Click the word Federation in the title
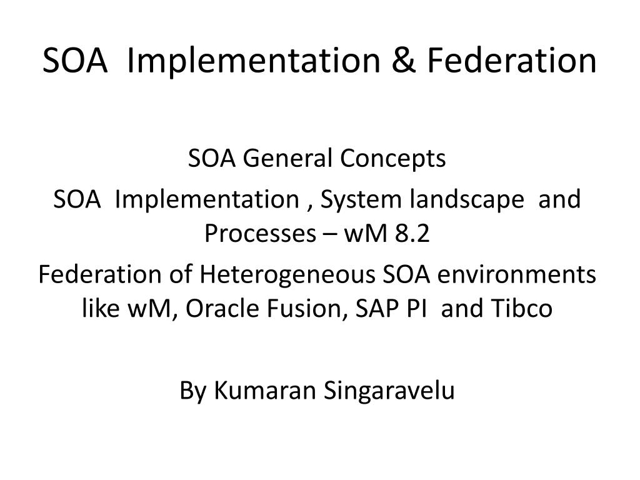512,61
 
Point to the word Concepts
393,159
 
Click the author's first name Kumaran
266,391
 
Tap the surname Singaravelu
389,391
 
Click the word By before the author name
193,391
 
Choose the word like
101,308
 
